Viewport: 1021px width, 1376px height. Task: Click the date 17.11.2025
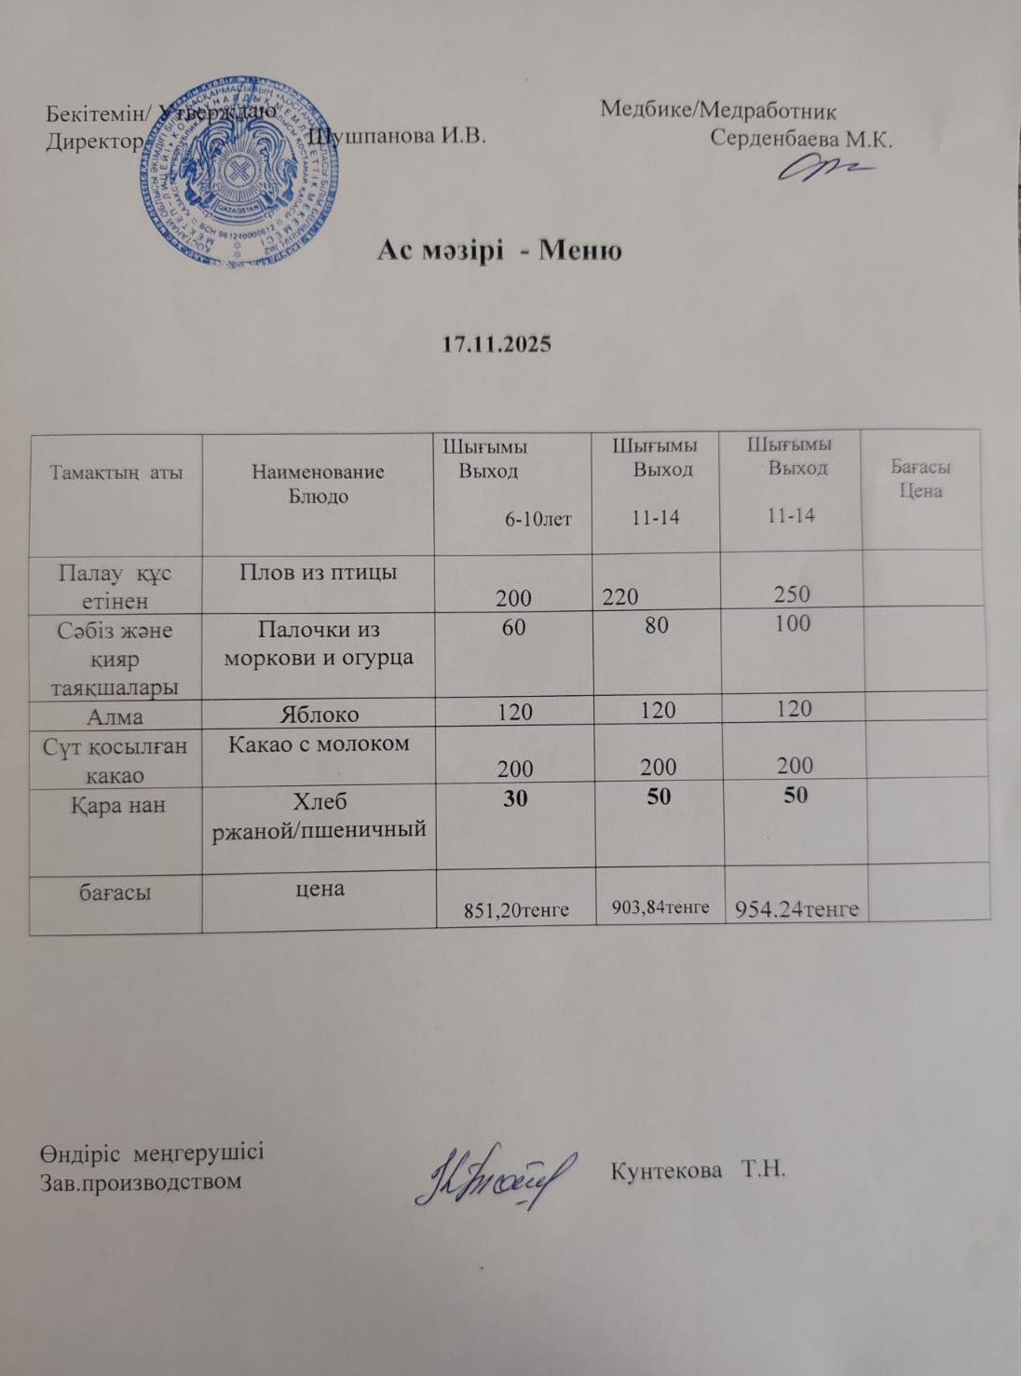496,344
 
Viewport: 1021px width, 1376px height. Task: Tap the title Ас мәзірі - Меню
499,251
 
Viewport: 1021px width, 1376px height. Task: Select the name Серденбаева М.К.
801,140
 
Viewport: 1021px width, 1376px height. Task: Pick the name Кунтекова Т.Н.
699,1169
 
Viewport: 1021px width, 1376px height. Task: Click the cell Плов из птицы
318,572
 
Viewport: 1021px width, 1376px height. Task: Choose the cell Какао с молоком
319,743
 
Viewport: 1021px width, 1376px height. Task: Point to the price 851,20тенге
516,910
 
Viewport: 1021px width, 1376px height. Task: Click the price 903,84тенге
660,906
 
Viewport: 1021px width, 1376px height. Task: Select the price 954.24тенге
797,908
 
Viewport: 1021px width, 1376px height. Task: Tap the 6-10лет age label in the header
538,520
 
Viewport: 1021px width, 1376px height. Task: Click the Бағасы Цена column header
920,479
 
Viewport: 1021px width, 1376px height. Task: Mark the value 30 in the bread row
515,797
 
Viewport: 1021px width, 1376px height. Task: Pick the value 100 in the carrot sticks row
792,623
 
